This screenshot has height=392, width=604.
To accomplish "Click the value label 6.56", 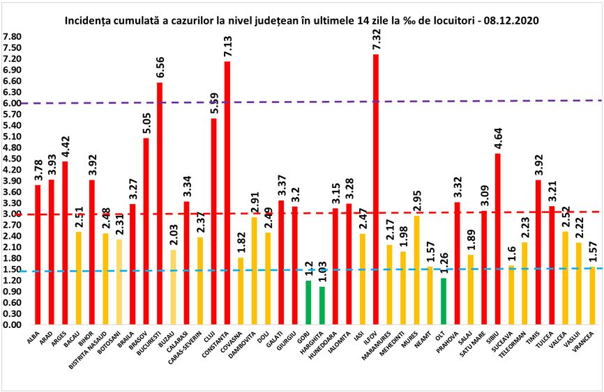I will click(x=160, y=69).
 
